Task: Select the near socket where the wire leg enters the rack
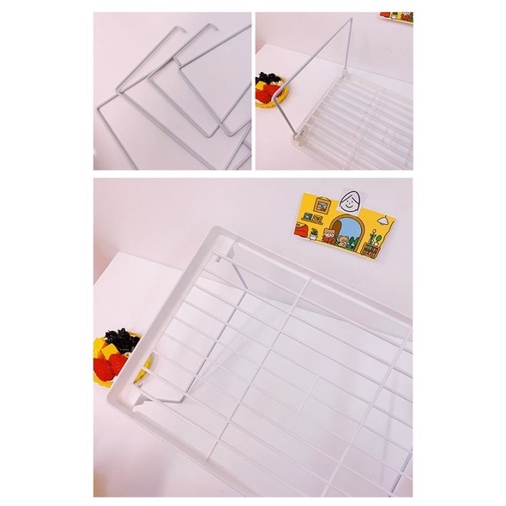coord(297,134)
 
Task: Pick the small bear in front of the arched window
coord(346,241)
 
